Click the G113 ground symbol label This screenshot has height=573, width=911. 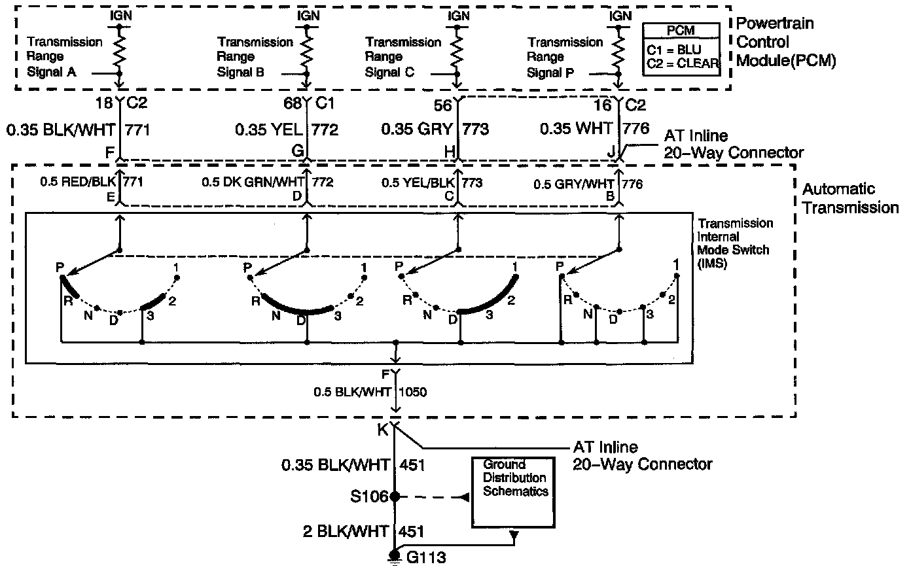point(426,558)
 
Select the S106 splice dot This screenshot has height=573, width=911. point(395,496)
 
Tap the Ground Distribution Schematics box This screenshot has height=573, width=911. point(515,492)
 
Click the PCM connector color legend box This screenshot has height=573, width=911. point(681,48)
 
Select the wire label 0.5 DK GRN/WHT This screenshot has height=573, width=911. point(252,182)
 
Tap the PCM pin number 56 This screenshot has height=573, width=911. point(443,105)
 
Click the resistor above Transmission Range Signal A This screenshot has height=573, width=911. point(119,52)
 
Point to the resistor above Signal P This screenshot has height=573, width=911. point(616,52)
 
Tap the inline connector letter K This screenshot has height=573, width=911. point(382,430)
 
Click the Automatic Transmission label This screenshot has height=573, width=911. point(849,198)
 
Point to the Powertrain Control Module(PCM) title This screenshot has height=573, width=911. point(785,42)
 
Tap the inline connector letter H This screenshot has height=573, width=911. point(449,152)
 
